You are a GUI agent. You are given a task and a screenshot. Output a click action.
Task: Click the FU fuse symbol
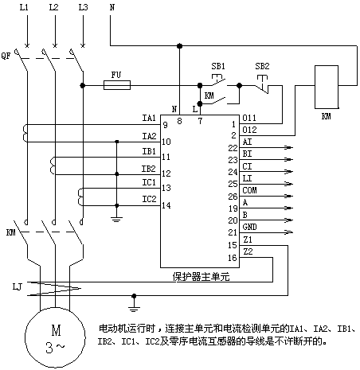[117, 85]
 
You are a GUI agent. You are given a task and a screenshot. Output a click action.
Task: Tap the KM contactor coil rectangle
[327, 87]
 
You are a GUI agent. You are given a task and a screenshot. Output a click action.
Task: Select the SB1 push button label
[218, 66]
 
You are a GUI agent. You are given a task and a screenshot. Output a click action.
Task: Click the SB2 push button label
[262, 66]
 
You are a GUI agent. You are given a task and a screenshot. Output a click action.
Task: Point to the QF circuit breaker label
[6, 56]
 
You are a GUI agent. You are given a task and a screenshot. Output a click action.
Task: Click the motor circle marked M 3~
[55, 337]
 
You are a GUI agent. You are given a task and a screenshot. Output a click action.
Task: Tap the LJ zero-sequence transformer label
[18, 286]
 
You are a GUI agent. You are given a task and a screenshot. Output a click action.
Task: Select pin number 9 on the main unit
[165, 125]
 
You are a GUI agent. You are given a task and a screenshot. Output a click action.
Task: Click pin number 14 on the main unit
[166, 205]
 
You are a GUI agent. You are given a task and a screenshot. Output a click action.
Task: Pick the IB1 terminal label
[149, 151]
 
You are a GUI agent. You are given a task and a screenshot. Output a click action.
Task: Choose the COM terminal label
[249, 190]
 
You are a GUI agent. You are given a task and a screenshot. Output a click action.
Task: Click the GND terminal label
[249, 227]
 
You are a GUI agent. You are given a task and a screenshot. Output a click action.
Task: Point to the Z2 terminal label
[248, 251]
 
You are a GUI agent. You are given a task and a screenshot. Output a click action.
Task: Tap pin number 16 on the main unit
[233, 258]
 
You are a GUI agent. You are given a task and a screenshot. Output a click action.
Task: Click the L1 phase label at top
[24, 7]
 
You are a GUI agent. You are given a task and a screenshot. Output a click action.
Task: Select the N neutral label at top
[112, 7]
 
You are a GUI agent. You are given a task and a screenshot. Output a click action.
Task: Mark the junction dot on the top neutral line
[180, 46]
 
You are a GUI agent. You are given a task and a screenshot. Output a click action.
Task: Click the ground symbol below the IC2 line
[116, 219]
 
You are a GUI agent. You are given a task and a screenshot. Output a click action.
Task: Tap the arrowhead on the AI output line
[289, 147]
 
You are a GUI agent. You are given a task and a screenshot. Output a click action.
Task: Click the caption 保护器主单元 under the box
[201, 277]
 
